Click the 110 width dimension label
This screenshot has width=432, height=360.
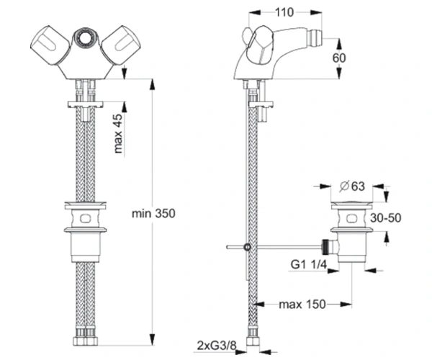[284, 12]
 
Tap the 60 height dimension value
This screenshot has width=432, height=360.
[339, 58]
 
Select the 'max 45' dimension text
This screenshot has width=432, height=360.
[118, 134]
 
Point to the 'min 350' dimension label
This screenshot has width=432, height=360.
[153, 213]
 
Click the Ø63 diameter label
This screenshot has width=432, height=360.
[352, 186]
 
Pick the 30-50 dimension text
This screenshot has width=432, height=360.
[385, 218]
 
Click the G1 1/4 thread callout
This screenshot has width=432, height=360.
[309, 265]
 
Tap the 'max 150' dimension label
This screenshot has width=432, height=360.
[302, 305]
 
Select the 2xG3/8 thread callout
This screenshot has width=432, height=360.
[217, 346]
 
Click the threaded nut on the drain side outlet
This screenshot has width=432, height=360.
[326, 246]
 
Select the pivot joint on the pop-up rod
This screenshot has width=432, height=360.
[248, 247]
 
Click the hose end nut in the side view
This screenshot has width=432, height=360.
[253, 341]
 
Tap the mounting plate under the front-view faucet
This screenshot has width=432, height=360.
[86, 104]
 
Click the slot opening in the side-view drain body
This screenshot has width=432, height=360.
[351, 218]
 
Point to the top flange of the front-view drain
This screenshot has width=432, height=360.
[86, 205]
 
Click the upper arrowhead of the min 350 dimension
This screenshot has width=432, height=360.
[152, 85]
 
